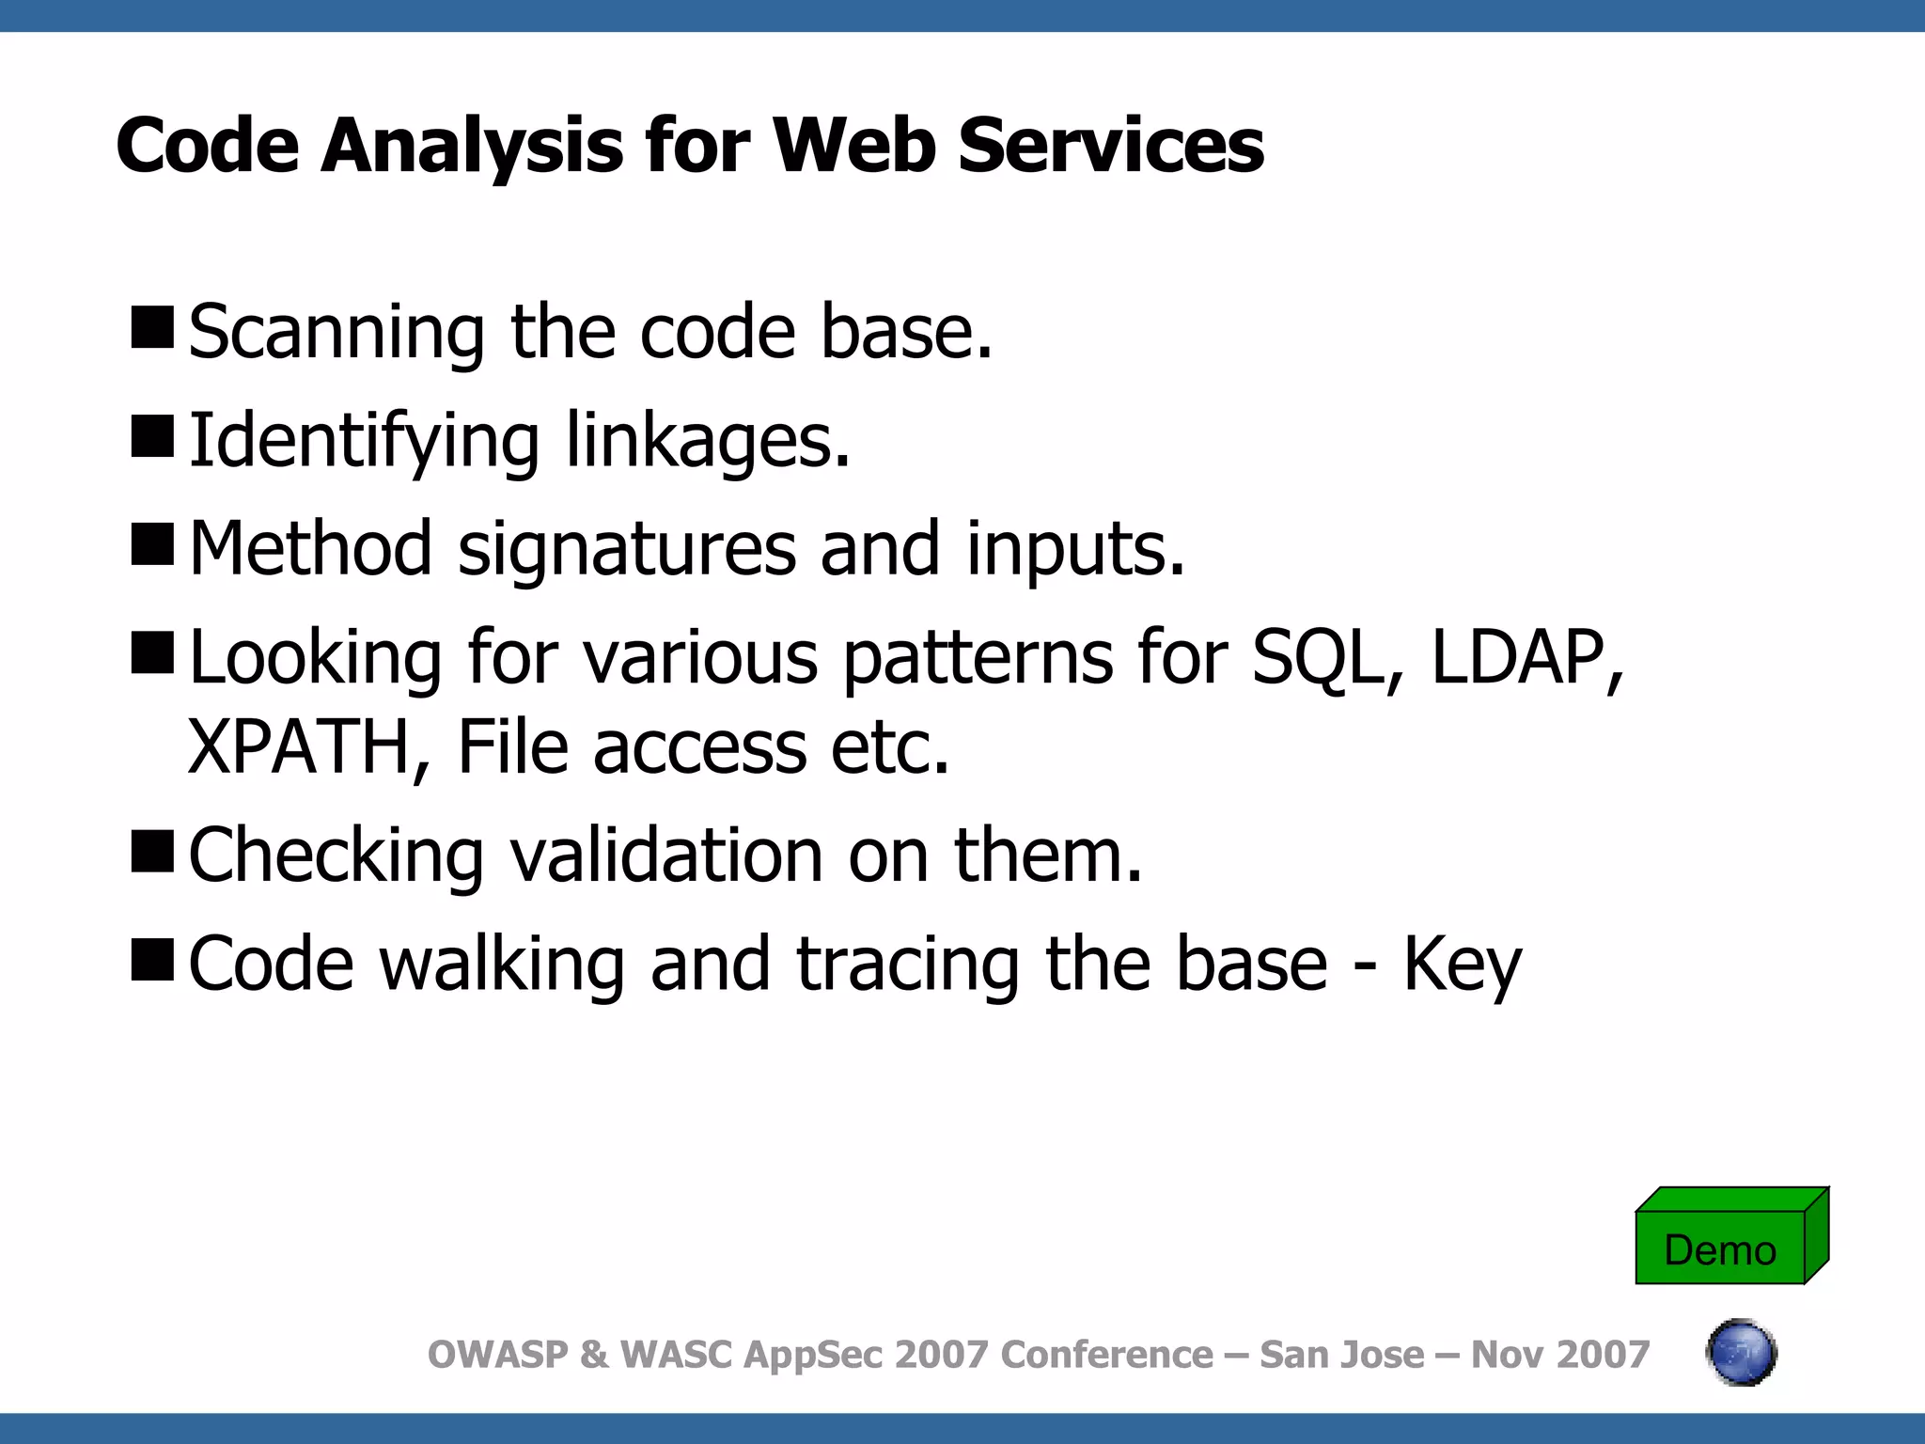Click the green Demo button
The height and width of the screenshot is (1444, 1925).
(1720, 1248)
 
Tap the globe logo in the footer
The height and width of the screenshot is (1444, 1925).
(1741, 1353)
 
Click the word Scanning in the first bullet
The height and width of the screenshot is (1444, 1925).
(336, 334)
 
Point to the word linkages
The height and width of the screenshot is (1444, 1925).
(708, 442)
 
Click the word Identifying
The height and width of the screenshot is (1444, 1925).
(365, 442)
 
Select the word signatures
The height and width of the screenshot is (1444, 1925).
(627, 550)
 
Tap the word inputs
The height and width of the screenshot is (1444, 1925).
(1075, 550)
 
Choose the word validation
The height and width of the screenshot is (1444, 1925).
(666, 856)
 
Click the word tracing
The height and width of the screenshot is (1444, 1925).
(908, 965)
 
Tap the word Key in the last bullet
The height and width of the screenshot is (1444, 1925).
(1462, 965)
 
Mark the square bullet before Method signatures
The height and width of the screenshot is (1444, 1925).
(152, 544)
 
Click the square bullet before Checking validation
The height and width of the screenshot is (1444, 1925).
(152, 851)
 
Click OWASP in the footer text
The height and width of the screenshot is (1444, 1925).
(498, 1355)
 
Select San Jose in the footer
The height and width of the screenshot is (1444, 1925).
(1341, 1355)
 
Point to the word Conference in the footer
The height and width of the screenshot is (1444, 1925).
(1106, 1355)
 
